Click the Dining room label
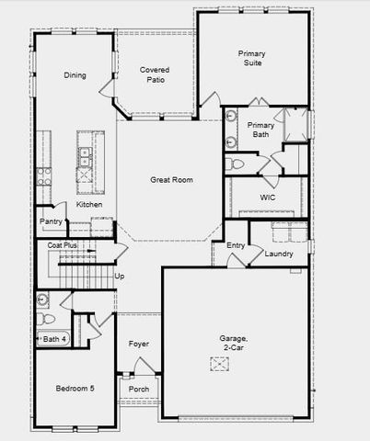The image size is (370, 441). (75, 75)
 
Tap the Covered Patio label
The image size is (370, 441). (154, 74)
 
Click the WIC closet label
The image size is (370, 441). (268, 198)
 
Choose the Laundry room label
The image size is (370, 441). (278, 254)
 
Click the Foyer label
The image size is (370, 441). (139, 345)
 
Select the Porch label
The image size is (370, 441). (139, 389)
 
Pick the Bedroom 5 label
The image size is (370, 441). (75, 389)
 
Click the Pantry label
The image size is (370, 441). (50, 221)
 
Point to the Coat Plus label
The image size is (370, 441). (63, 246)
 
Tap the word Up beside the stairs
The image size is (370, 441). (119, 276)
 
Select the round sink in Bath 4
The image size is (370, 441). (42, 300)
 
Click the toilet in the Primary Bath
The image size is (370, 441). (234, 164)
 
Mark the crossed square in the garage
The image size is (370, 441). (218, 365)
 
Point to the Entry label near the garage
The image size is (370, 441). (236, 245)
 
